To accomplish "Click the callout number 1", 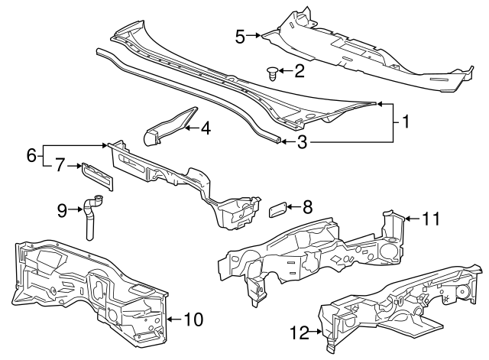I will click(x=406, y=122).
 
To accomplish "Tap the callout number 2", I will click(x=300, y=72).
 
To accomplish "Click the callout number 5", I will click(x=240, y=35).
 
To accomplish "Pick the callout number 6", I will click(x=32, y=154).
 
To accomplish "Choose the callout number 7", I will click(x=58, y=164).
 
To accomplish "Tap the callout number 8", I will click(x=308, y=206).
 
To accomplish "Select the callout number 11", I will click(x=432, y=219).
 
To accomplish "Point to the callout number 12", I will click(x=300, y=332).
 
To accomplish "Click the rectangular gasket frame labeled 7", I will click(x=97, y=175).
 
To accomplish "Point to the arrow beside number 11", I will click(x=411, y=219).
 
